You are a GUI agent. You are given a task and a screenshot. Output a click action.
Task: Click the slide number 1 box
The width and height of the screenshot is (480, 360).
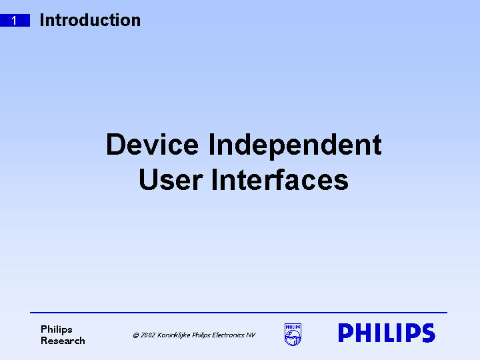pyautogui.click(x=15, y=21)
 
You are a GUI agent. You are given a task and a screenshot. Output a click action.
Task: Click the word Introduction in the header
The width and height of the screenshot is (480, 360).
pyautogui.click(x=90, y=20)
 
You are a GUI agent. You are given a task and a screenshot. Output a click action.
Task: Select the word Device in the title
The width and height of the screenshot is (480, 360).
pyautogui.click(x=152, y=145)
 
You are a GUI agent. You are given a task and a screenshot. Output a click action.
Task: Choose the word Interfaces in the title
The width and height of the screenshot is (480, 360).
pyautogui.click(x=280, y=180)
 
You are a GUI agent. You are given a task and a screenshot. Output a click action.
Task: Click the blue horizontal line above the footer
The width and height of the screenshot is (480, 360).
pyautogui.click(x=239, y=312)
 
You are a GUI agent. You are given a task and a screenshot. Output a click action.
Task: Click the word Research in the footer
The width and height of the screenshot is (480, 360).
pyautogui.click(x=63, y=341)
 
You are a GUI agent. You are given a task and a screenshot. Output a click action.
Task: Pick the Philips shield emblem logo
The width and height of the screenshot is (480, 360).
pyautogui.click(x=293, y=334)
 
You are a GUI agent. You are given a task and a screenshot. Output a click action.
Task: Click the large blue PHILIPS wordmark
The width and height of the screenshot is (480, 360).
pyautogui.click(x=387, y=333)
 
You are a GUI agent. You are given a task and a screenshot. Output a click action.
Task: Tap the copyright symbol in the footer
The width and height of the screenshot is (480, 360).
pyautogui.click(x=135, y=335)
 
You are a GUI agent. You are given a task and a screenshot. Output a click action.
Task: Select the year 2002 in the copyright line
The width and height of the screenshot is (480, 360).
pyautogui.click(x=147, y=335)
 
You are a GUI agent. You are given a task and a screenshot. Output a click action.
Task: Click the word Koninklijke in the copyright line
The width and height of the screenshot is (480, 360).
pyautogui.click(x=173, y=335)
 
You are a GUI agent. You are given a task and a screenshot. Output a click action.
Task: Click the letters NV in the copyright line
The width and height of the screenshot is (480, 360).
pyautogui.click(x=251, y=335)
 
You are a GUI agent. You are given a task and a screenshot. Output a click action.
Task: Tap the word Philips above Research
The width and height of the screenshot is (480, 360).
pyautogui.click(x=57, y=329)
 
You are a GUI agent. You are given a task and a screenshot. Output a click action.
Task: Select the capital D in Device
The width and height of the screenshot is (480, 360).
pyautogui.click(x=116, y=145)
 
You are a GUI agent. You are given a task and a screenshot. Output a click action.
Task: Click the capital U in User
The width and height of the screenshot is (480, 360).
pyautogui.click(x=149, y=180)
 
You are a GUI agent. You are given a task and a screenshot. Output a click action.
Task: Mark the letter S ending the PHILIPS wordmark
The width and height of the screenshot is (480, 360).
pyautogui.click(x=427, y=333)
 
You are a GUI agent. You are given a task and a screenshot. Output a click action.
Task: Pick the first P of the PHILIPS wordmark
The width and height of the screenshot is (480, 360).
pyautogui.click(x=346, y=333)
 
